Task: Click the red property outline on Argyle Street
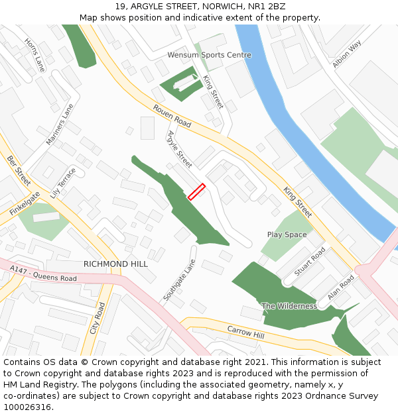pyautogui.click(x=196, y=191)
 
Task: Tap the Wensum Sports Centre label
pyautogui.click(x=209, y=55)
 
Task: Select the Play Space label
pyautogui.click(x=287, y=234)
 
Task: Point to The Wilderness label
pyautogui.click(x=289, y=306)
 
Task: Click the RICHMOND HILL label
pyautogui.click(x=115, y=264)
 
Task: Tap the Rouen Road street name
pyautogui.click(x=172, y=115)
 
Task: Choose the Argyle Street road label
pyautogui.click(x=179, y=148)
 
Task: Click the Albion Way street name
pyautogui.click(x=347, y=54)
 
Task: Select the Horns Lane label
pyautogui.click(x=34, y=54)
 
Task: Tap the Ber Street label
pyautogui.click(x=19, y=170)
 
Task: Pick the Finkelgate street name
pyautogui.click(x=25, y=203)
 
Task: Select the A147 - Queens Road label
pyautogui.click(x=44, y=273)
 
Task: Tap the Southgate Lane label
pyautogui.click(x=180, y=280)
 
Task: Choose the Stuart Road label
pyautogui.click(x=310, y=262)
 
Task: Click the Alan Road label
pyautogui.click(x=341, y=287)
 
